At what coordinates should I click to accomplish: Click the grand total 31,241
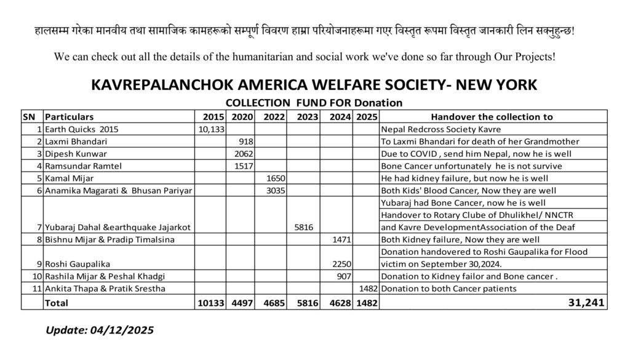click(586, 303)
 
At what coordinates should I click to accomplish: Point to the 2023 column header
click(306, 117)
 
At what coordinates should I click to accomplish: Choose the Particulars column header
click(70, 117)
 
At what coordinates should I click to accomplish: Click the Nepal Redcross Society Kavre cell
click(441, 129)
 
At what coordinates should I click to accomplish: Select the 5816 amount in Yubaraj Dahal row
click(304, 227)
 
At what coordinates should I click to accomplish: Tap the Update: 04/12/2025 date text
click(99, 330)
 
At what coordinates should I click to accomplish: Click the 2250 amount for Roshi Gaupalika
click(341, 264)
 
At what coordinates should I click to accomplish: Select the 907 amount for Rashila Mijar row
click(343, 276)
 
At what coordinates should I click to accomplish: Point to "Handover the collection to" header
click(492, 117)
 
